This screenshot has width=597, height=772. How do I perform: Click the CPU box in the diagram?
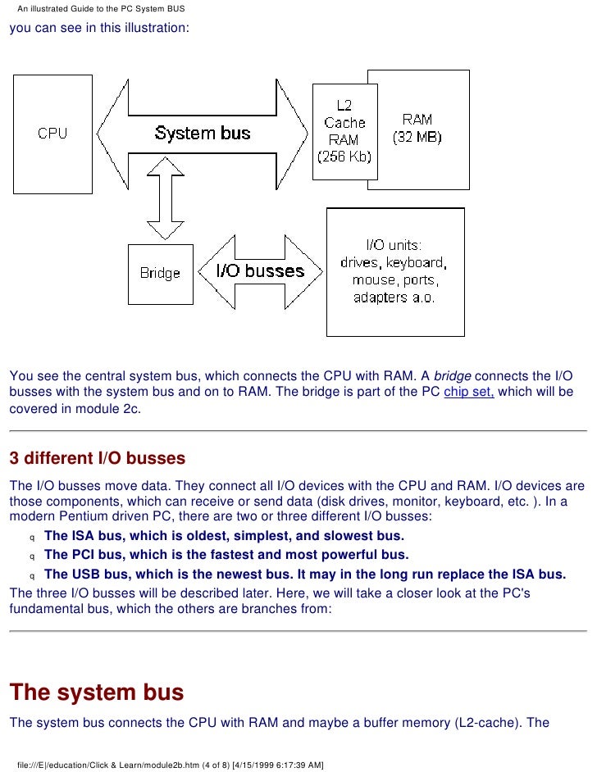coord(52,133)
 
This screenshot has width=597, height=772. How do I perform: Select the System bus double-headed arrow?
coord(203,133)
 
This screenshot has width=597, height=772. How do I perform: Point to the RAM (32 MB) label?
coord(417,128)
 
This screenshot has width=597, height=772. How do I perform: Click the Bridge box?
coord(160,273)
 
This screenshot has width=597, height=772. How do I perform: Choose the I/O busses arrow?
coord(260,270)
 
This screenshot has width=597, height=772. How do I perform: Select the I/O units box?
coord(394,271)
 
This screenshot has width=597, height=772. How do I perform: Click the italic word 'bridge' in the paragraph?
coord(452,376)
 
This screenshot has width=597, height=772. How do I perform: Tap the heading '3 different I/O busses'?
coord(98,458)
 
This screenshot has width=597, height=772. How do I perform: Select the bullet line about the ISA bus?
coord(224,536)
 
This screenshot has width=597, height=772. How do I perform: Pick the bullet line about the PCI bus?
coord(226,555)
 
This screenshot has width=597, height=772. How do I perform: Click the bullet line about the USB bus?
coord(304,574)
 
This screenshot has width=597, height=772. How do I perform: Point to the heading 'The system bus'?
coord(96,693)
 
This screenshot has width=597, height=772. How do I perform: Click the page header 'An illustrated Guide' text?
coord(101,9)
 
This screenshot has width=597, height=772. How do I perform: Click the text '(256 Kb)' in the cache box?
coord(344,156)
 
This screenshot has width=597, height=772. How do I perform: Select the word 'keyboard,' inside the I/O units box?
coord(414,263)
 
